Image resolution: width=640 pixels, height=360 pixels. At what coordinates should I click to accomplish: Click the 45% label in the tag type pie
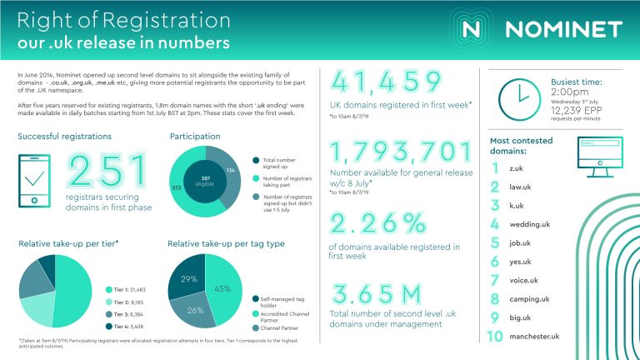pos(222,288)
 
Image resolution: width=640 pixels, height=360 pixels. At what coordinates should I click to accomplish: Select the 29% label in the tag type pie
pos(188,278)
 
